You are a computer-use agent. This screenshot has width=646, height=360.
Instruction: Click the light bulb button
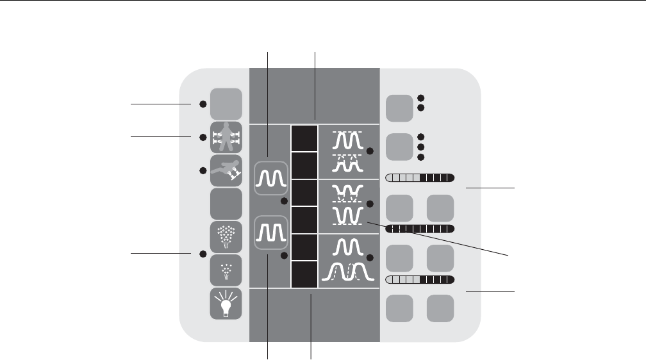pyautogui.click(x=226, y=304)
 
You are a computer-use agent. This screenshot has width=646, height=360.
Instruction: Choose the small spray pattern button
pyautogui.click(x=226, y=270)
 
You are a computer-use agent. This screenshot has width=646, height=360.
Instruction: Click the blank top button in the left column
pyautogui.click(x=226, y=103)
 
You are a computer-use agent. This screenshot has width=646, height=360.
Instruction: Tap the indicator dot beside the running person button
pyautogui.click(x=203, y=170)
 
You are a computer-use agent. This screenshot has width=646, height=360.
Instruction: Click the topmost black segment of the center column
pyautogui.click(x=304, y=138)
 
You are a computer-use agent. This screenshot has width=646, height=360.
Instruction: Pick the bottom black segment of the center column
pyautogui.click(x=304, y=275)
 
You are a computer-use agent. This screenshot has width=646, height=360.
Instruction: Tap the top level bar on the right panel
pyautogui.click(x=420, y=177)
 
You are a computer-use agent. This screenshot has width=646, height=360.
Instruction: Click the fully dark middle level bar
pyautogui.click(x=420, y=229)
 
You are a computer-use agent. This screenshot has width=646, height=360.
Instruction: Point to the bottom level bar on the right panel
pyautogui.click(x=420, y=280)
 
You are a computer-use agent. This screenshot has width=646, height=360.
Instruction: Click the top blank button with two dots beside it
pyautogui.click(x=400, y=107)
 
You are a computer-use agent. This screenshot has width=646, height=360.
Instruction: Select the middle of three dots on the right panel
pyautogui.click(x=421, y=147)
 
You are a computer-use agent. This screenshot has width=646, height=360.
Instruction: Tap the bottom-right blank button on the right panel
pyautogui.click(x=440, y=308)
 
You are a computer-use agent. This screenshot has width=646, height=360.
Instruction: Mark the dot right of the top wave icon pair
pyautogui.click(x=370, y=151)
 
